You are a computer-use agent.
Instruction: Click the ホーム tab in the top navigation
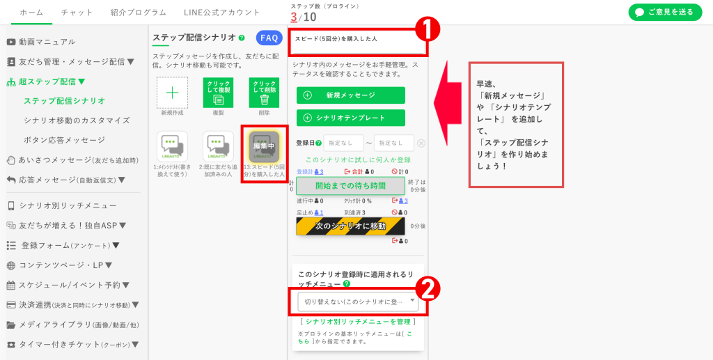31,13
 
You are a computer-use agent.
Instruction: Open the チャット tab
77,13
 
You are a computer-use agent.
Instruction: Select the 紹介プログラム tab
138,13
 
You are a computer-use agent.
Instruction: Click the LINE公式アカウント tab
221,13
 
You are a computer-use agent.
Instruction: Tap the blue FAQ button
269,38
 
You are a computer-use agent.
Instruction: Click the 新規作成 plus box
172,93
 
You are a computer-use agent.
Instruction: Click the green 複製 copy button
218,93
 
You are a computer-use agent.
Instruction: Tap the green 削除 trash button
264,93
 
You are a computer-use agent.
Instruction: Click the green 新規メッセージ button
350,95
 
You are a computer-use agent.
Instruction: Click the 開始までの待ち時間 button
350,186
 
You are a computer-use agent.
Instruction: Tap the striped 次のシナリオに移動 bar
350,226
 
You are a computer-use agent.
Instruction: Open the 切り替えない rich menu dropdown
358,302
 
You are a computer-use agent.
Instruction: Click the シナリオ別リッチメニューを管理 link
357,322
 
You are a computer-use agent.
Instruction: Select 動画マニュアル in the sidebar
47,42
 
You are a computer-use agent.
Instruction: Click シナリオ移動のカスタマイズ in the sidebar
77,120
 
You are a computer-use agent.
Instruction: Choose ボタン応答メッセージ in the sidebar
64,140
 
